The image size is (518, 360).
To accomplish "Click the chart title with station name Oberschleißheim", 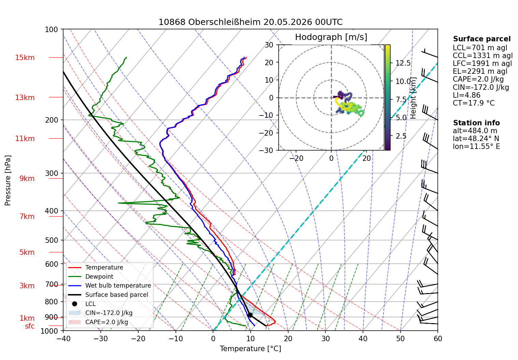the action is point(250,22).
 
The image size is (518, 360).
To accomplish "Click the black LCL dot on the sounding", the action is point(250,315).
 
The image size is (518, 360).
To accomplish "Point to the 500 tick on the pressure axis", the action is point(52,240).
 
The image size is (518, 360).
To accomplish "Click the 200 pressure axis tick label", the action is point(52,120).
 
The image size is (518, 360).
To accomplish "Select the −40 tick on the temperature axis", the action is point(63,339).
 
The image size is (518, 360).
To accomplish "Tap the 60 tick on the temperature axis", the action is point(438,339).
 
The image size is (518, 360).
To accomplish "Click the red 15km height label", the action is point(25,58).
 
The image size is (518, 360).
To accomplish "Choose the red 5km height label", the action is point(27,252).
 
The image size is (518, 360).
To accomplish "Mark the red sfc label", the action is point(30,326).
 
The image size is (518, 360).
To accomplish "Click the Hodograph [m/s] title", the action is point(331,37).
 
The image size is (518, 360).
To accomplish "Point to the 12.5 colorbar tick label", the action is point(403,63).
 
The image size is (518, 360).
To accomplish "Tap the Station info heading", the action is point(476,123).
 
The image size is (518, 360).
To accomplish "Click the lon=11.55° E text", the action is point(476,147).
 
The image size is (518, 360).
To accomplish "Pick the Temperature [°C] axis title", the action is point(250,349).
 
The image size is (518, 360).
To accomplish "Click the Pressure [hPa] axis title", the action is point(8,180).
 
